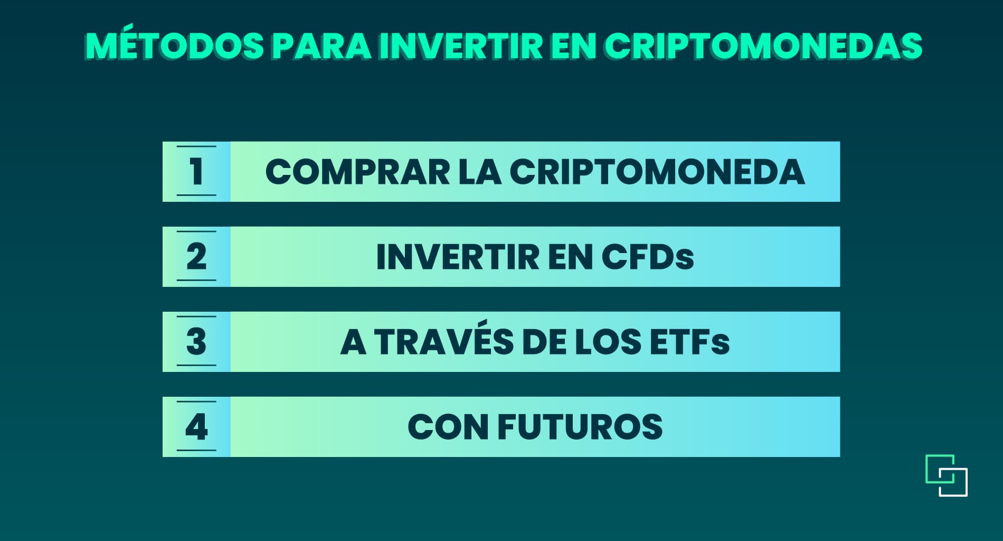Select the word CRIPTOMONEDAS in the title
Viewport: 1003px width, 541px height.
pos(763,46)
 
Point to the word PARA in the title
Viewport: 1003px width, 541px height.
pos(321,46)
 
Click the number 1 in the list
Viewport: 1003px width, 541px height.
pos(196,172)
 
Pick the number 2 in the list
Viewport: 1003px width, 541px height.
pos(196,257)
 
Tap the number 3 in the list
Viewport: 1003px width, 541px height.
pos(196,342)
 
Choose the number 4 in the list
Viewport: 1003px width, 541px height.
pos(196,427)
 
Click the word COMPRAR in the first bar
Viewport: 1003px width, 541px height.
pos(357,172)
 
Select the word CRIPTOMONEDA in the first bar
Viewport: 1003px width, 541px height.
pos(657,172)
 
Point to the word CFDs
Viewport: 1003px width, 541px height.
pos(647,257)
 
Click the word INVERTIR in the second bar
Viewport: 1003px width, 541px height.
pos(458,257)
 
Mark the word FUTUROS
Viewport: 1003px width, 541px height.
pos(580,427)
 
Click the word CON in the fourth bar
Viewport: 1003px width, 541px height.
pos(448,427)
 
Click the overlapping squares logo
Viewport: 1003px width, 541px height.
pos(947,475)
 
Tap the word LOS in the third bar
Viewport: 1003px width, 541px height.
pos(608,342)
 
